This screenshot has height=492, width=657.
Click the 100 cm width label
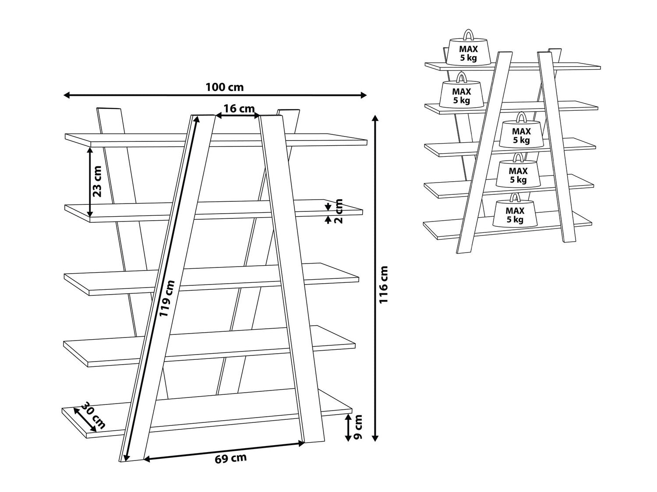coord(224,87)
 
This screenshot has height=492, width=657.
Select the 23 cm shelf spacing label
coord(97,182)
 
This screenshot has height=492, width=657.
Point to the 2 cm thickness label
coord(339,211)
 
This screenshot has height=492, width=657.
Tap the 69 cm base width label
coord(230,458)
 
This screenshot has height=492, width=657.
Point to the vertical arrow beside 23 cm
coord(90,182)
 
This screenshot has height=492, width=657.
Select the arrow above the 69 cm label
coord(224,451)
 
